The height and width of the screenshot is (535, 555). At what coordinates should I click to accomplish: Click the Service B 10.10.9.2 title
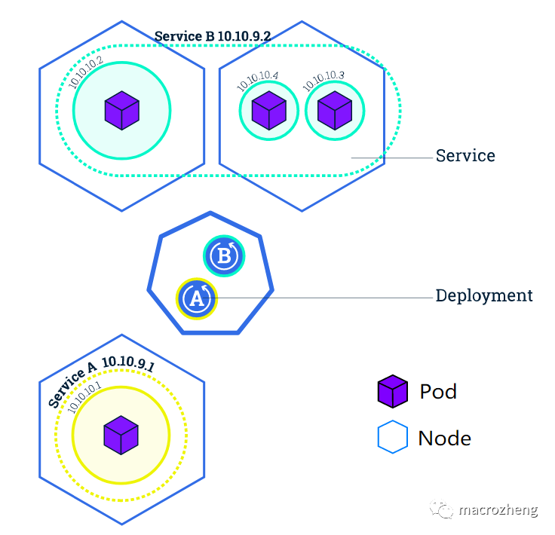point(213,35)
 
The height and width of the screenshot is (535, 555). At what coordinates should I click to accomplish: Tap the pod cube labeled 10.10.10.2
point(121,110)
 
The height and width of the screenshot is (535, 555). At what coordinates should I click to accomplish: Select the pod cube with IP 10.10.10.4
point(268,111)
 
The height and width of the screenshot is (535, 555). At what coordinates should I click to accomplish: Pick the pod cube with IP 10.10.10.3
point(334,111)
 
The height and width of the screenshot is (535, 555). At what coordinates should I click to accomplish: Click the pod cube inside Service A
point(121,435)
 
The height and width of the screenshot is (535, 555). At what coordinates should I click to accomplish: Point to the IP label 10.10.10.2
point(86,73)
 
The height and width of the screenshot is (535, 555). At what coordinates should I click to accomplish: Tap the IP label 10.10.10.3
point(324,81)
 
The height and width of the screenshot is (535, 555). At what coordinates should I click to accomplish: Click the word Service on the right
point(465,156)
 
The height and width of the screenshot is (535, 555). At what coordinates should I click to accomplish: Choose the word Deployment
point(484,295)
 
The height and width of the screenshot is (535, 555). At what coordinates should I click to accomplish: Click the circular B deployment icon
point(224,256)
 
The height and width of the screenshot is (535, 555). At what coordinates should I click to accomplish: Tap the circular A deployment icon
point(197,299)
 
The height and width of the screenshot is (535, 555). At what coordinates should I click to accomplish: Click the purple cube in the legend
point(393,392)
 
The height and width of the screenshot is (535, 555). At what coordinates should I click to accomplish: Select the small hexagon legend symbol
point(392,438)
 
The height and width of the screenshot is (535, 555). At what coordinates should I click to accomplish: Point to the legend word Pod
point(438,392)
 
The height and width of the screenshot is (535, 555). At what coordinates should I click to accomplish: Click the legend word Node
point(444,438)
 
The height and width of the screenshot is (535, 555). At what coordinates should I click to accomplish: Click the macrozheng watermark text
point(498,510)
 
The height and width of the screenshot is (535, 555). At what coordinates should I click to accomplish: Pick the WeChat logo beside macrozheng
point(443,510)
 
